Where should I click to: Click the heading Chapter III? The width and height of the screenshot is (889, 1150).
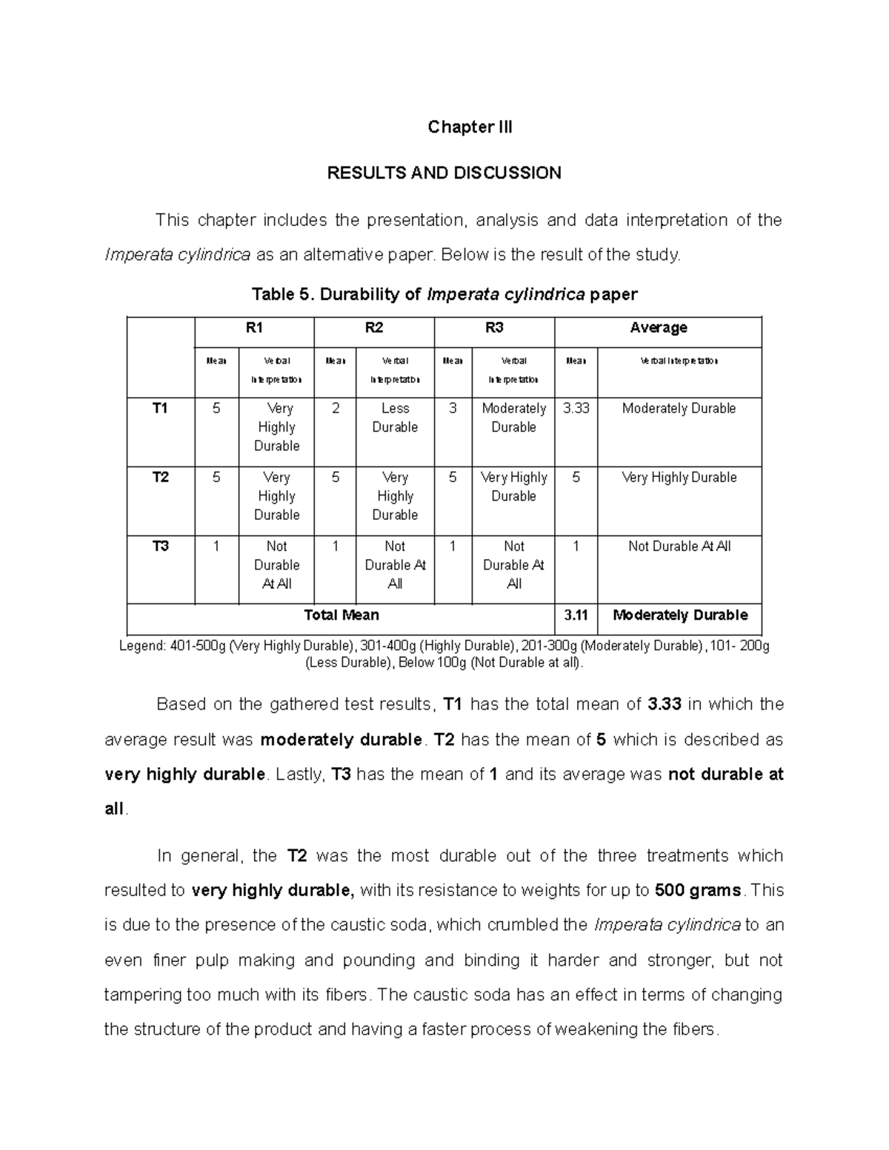[470, 127]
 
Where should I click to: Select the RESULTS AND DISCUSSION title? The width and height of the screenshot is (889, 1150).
[444, 173]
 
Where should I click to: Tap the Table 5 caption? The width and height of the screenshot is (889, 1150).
[444, 295]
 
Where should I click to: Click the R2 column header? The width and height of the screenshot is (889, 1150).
[374, 328]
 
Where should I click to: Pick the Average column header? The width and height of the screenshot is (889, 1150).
[658, 328]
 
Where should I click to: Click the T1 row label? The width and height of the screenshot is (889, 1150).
[160, 409]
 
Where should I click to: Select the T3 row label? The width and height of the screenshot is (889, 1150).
[160, 546]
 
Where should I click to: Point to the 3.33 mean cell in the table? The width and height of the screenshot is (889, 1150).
[576, 409]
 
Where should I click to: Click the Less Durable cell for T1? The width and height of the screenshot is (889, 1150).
[395, 418]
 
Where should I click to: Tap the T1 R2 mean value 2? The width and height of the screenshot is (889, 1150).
[336, 409]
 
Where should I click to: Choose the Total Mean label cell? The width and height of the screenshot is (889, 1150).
[342, 615]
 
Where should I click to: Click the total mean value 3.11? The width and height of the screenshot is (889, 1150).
[576, 615]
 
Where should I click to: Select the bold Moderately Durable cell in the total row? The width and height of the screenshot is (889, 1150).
[680, 615]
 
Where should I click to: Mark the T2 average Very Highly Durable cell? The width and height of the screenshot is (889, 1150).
[679, 478]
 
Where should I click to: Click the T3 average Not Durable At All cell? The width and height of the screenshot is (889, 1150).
[679, 546]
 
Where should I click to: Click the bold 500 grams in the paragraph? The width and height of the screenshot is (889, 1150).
[699, 891]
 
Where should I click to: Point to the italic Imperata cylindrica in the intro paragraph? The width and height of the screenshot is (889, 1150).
[177, 255]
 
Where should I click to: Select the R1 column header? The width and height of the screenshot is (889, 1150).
[254, 328]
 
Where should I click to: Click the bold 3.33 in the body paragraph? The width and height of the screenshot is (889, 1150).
[664, 705]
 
